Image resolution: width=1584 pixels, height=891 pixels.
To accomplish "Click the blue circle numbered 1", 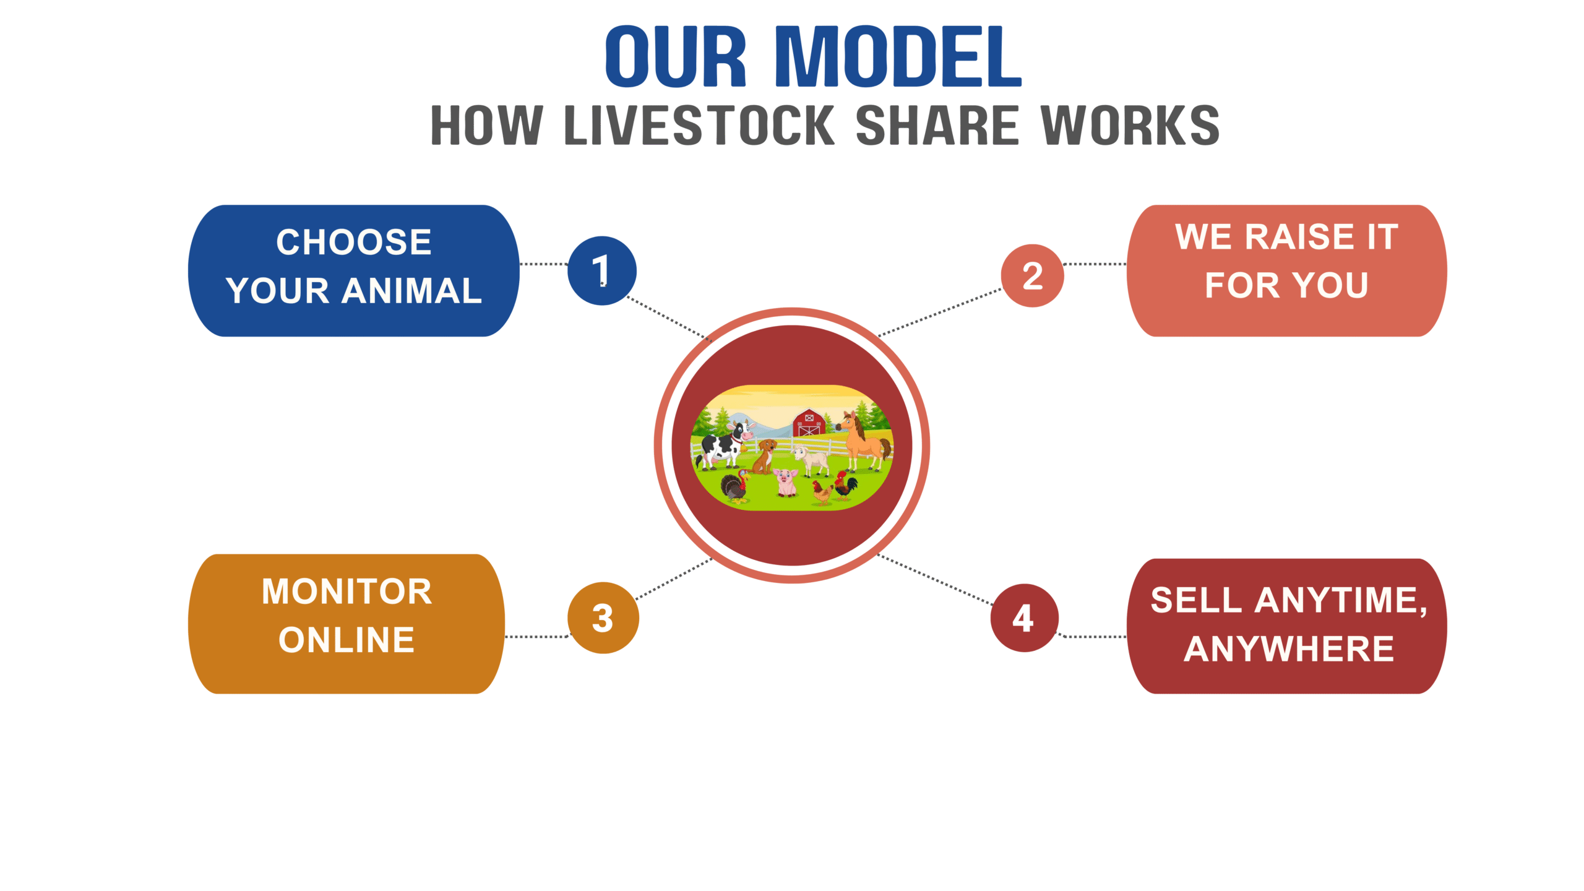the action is click(601, 270).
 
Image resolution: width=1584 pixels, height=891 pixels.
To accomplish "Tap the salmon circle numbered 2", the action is click(1032, 275).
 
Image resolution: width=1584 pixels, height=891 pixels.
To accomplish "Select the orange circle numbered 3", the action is click(603, 618).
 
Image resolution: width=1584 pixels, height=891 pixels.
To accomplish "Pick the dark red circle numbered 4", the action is click(1024, 618).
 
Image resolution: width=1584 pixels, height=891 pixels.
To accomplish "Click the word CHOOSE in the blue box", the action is click(354, 241).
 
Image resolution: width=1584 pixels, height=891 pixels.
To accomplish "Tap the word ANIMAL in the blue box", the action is click(411, 290).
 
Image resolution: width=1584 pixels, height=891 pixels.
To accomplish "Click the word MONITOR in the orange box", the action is click(346, 591).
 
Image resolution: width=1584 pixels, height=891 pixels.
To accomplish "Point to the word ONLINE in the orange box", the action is click(346, 639).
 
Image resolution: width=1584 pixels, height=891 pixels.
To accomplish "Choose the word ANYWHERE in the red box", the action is click(1289, 648).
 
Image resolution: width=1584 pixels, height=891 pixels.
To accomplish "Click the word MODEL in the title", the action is click(898, 56).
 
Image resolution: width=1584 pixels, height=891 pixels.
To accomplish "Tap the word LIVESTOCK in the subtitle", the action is click(700, 125).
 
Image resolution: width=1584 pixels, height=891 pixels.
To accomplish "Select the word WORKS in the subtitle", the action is click(1130, 125).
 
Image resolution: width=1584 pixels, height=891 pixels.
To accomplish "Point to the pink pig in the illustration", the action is click(786, 482).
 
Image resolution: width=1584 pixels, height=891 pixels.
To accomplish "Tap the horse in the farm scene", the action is click(863, 441).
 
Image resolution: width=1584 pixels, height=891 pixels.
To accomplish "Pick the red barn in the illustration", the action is click(809, 422).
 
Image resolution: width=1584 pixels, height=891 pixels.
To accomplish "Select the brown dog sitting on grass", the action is click(765, 456).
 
